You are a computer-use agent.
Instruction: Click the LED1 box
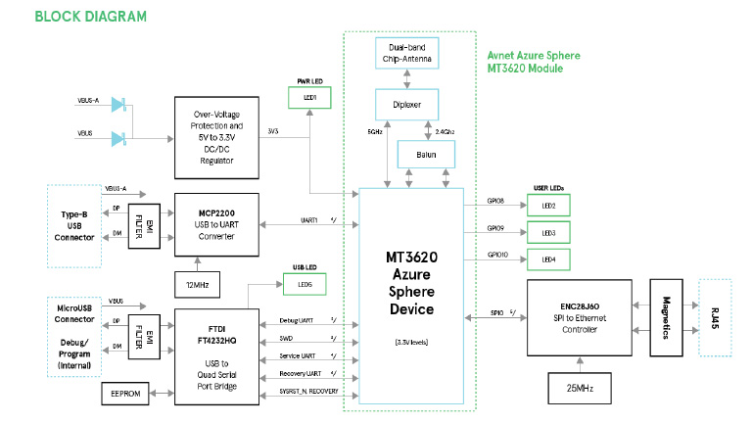(x=309, y=98)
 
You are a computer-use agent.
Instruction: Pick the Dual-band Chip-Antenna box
(x=408, y=53)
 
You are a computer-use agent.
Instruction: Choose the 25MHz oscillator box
(x=586, y=389)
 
